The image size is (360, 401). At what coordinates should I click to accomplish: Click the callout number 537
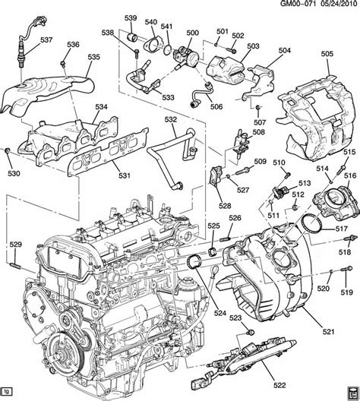(46, 40)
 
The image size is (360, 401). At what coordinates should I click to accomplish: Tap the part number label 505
(327, 54)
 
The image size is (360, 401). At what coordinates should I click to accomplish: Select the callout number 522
(279, 385)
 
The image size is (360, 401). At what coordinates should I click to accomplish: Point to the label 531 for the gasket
(125, 175)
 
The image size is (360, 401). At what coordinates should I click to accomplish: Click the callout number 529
(16, 245)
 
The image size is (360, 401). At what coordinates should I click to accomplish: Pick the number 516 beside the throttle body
(350, 175)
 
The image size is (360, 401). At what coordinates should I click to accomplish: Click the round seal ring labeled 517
(311, 224)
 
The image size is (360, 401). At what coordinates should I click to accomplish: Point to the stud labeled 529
(15, 264)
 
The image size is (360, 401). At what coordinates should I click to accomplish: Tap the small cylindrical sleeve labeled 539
(132, 36)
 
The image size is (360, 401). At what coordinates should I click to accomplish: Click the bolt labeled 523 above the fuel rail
(251, 332)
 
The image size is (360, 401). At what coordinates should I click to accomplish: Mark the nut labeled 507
(258, 107)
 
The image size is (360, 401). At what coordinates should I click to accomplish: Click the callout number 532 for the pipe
(171, 119)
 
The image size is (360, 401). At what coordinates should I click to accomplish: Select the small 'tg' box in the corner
(7, 398)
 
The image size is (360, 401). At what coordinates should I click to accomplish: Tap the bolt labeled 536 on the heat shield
(62, 64)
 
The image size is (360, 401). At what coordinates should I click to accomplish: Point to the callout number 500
(192, 33)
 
